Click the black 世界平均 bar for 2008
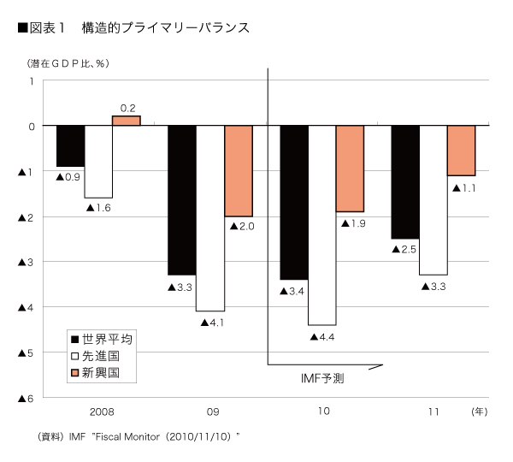coord(71,146)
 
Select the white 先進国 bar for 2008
coord(98,162)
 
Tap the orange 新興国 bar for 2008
coord(127,121)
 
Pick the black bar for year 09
coord(181,200)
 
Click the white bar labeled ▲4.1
coord(209,218)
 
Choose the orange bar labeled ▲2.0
coord(239,171)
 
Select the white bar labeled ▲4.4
coord(321,225)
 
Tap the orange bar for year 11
coord(461,151)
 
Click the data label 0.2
coord(128,108)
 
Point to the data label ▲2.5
coord(404,249)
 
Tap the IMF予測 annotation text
coord(322,377)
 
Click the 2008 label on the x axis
coord(99,412)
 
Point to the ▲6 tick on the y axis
coord(26,398)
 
